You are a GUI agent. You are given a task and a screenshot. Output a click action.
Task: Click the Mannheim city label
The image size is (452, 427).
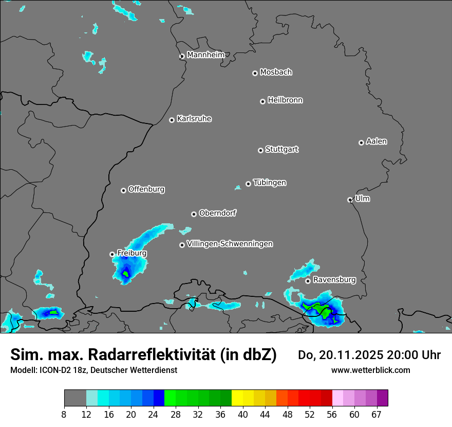(x=205, y=55)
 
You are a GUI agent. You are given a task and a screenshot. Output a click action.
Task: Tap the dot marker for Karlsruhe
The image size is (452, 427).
(x=172, y=120)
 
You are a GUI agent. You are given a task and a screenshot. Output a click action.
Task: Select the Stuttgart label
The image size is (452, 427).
(x=282, y=149)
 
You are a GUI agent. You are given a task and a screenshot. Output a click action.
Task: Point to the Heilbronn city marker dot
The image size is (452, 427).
(x=262, y=101)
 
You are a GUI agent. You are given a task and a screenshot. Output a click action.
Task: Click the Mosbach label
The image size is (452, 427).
(x=276, y=72)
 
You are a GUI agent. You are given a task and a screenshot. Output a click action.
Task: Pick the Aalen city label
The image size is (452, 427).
(x=376, y=141)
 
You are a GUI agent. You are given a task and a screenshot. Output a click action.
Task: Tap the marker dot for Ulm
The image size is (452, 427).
(x=350, y=200)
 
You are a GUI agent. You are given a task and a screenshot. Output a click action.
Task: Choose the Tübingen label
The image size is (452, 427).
(x=270, y=183)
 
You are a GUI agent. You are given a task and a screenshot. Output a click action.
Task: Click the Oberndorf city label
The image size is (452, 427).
(x=217, y=213)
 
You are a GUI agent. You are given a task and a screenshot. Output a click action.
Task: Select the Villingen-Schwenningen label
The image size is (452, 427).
(x=230, y=243)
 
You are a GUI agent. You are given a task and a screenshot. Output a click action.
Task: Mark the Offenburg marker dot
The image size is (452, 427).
(x=123, y=190)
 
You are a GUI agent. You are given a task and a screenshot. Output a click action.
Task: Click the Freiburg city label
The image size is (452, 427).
(x=131, y=253)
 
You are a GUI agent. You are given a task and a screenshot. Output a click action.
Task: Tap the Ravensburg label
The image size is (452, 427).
(x=334, y=280)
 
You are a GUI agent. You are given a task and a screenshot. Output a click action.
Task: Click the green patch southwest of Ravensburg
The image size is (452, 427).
(x=318, y=309)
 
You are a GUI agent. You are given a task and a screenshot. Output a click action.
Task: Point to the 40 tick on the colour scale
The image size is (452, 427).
(x=242, y=415)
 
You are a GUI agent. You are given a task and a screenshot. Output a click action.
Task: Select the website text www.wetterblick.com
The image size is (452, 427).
(x=370, y=370)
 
